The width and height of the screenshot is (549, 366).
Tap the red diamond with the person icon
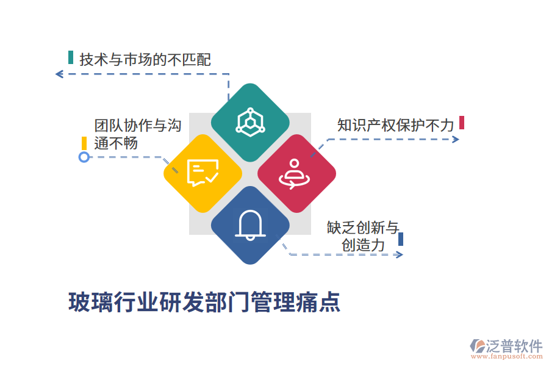tap(296, 173)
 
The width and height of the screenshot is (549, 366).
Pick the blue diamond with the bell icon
tap(250, 225)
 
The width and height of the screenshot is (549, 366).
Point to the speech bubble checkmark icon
tap(203, 173)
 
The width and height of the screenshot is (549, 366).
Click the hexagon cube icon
tap(250, 122)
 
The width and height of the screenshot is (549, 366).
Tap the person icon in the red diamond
tap(296, 173)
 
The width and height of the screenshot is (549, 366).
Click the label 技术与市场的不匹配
tap(145, 60)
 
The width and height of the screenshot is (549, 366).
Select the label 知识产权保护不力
tap(396, 125)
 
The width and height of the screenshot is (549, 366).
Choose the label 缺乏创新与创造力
tap(363, 237)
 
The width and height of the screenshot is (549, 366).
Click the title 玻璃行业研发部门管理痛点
tap(204, 302)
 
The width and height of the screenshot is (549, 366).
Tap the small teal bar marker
tap(71, 58)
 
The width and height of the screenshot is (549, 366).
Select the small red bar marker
tap(462, 123)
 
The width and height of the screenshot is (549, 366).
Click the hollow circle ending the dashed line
tap(84, 157)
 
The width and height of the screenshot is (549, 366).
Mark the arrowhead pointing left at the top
tap(59, 74)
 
